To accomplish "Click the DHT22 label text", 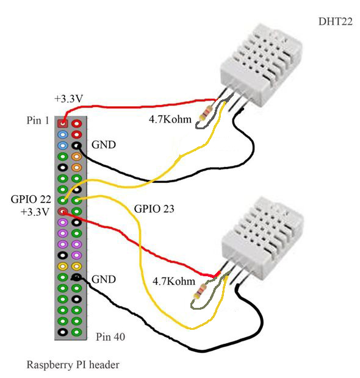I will point(328,22).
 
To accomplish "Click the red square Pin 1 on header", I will point(62,123).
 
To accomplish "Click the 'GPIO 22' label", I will point(27,199).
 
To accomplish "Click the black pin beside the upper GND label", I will point(76,146).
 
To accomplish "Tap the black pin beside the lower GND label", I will point(76,277).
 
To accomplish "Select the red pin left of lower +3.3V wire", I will point(62,211).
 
